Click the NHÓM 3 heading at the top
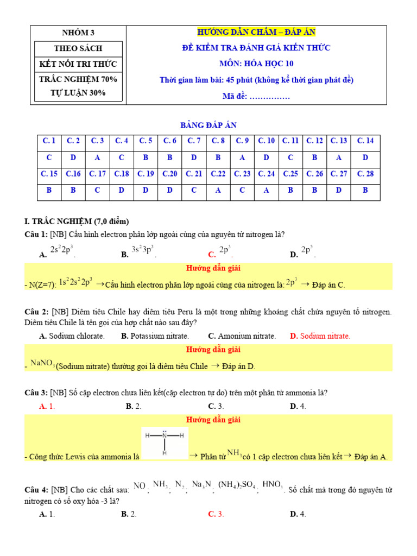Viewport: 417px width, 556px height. point(78,33)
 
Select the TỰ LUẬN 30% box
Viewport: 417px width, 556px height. point(78,93)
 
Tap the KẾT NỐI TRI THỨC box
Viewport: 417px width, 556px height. point(78,64)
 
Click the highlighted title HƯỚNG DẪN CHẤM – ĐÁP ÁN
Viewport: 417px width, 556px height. point(256,33)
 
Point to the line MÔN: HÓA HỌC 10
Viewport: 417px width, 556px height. point(256,64)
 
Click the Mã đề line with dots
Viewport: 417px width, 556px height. point(256,96)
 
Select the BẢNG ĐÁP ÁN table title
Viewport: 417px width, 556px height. point(208,125)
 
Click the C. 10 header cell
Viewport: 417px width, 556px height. point(266,141)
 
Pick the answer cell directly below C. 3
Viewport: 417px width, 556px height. point(98,157)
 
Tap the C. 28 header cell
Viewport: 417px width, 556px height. point(365,174)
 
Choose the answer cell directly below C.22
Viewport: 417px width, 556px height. point(218,191)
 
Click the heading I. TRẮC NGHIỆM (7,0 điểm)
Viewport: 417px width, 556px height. point(77,221)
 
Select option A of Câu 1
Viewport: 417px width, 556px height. point(57,252)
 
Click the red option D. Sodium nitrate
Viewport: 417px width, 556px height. point(320,336)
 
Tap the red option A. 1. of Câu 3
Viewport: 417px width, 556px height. point(47,406)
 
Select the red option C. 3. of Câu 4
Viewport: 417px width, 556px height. point(216,514)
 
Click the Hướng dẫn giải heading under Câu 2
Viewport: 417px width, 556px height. point(213,350)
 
